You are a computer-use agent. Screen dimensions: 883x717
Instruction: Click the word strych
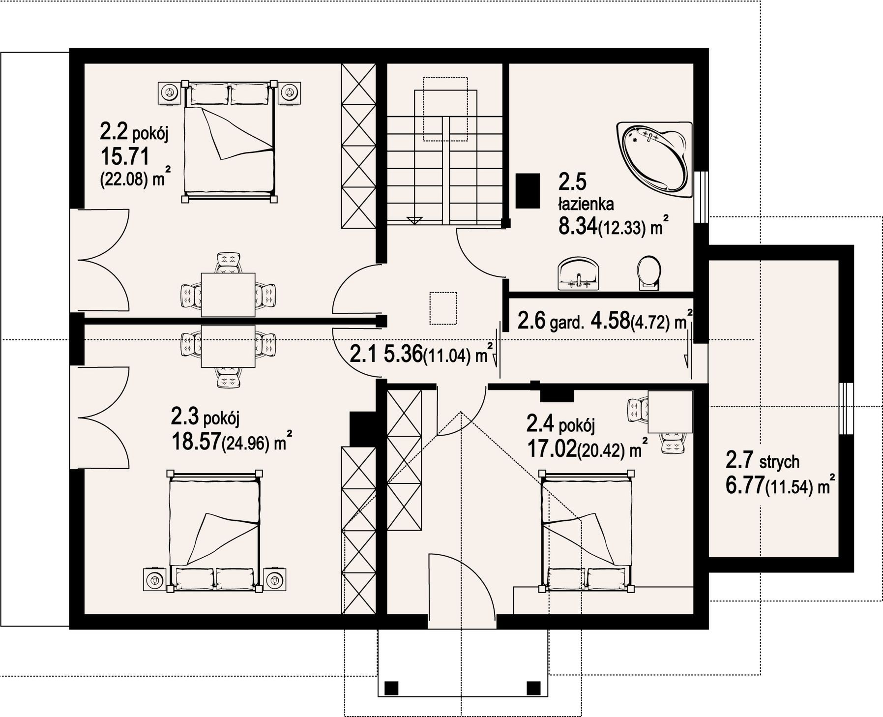pyautogui.click(x=780, y=462)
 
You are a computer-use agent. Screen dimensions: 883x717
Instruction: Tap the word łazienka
pyautogui.click(x=586, y=204)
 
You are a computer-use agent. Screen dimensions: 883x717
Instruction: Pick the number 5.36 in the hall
pyautogui.click(x=403, y=354)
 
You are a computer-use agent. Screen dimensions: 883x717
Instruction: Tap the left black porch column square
pyautogui.click(x=391, y=687)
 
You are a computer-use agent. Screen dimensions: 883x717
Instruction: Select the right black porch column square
pyautogui.click(x=533, y=687)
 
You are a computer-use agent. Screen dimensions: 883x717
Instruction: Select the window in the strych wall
pyautogui.click(x=846, y=408)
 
